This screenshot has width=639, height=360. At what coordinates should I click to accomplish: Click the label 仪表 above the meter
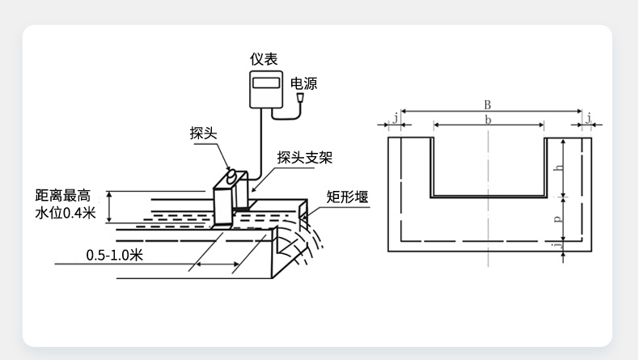point(264,59)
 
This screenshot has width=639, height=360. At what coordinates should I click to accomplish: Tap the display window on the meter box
point(264,82)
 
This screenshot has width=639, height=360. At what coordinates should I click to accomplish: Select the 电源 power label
point(305,83)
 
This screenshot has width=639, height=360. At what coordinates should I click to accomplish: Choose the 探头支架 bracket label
point(304,157)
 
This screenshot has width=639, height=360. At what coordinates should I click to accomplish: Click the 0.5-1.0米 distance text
point(115,256)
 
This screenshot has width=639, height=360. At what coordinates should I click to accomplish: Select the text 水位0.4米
point(66,214)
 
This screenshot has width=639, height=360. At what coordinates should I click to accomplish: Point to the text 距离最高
point(66,196)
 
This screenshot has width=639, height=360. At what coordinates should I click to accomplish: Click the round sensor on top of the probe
point(232,175)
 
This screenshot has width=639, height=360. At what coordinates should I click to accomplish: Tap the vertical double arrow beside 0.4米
point(110,207)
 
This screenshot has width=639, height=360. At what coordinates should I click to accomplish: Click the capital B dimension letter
point(487,104)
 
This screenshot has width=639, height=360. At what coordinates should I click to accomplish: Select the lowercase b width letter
point(487,119)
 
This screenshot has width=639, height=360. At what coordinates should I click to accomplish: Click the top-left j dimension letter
point(396,119)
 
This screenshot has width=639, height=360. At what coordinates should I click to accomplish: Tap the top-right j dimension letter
point(589,119)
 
